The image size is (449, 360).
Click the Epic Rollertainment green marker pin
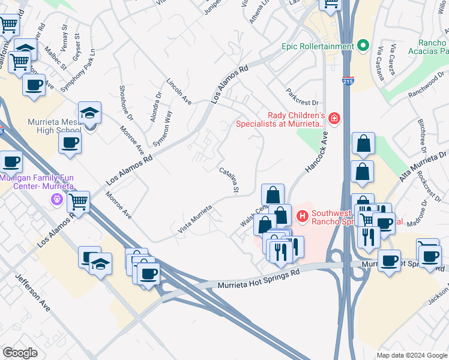(363, 46)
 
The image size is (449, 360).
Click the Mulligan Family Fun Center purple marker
(58, 199)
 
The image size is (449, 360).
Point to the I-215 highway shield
(349, 80)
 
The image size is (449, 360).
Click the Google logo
(20, 353)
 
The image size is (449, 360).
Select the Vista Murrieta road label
(195, 219)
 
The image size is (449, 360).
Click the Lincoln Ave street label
(178, 92)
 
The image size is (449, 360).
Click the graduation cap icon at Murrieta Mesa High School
(89, 113)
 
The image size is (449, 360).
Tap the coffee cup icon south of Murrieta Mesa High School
(70, 143)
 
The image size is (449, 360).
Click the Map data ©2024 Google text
(412, 355)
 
